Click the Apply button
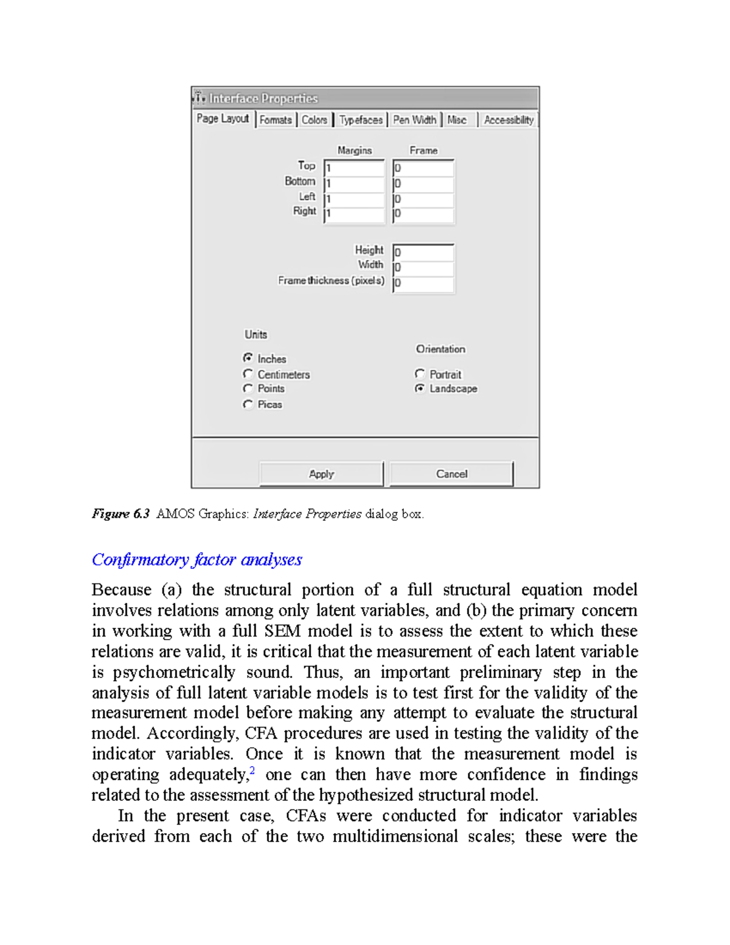click(321, 474)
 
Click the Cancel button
click(451, 474)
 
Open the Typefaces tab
click(361, 120)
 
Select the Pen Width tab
click(414, 120)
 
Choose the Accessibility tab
click(509, 120)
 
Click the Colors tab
click(315, 120)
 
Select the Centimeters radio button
click(248, 374)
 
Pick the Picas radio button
click(248, 404)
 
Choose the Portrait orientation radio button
click(420, 374)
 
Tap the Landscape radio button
click(420, 388)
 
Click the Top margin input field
click(355, 168)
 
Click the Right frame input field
click(423, 214)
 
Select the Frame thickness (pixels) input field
click(423, 283)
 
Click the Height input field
click(423, 252)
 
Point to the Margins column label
click(355, 150)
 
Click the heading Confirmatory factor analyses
click(196, 560)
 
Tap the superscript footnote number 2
click(252, 771)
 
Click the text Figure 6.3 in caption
click(120, 514)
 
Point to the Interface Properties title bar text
click(263, 99)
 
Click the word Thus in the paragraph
click(318, 672)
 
